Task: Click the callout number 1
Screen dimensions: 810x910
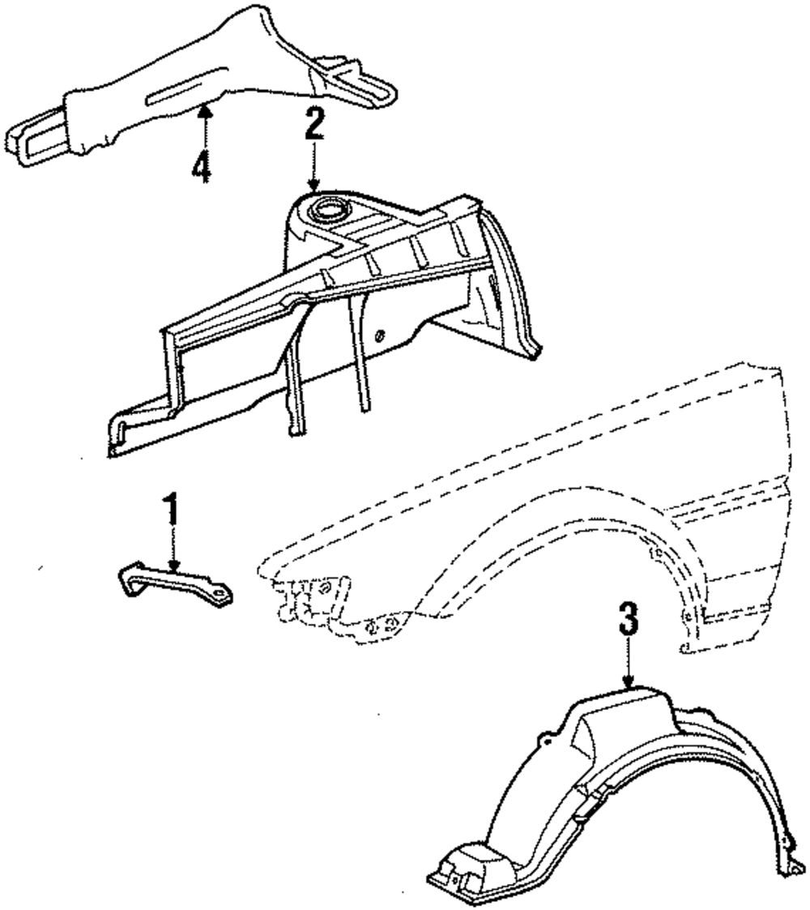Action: point(171,511)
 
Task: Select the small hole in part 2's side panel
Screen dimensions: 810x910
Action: point(381,335)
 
